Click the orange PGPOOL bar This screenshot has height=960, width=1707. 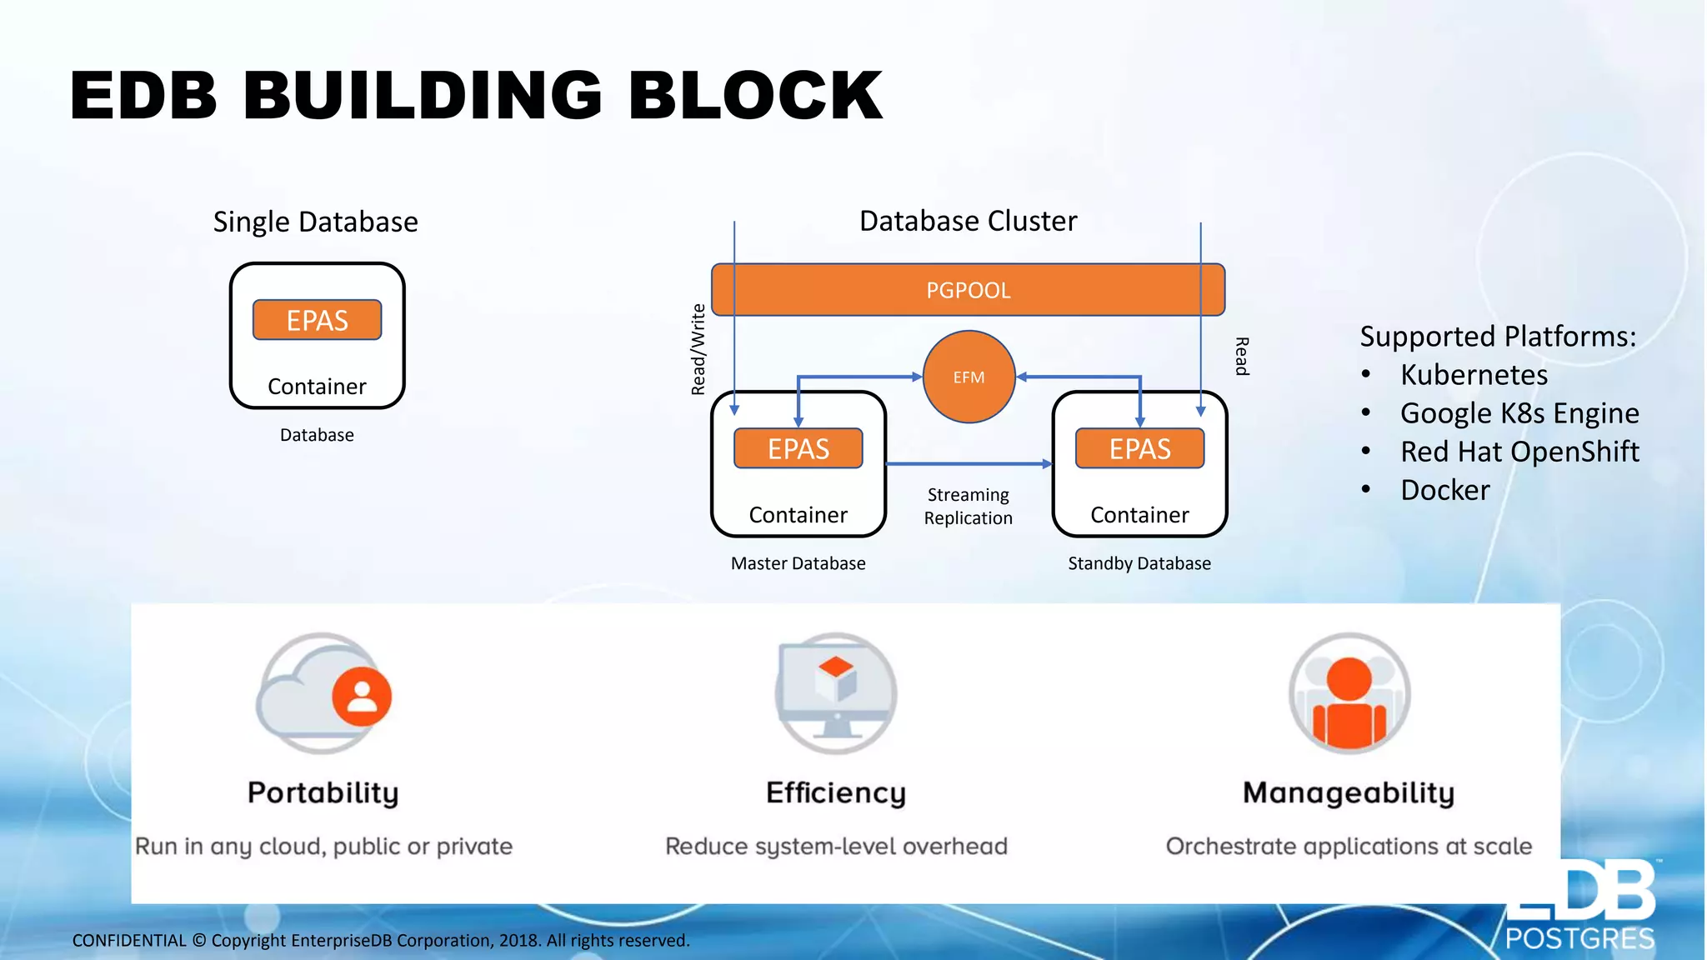(x=967, y=290)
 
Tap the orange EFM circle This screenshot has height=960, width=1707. (x=969, y=377)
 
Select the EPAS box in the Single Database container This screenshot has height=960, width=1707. (x=317, y=320)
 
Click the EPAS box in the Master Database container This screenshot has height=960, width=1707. (x=798, y=448)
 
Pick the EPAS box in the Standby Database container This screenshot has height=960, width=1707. (x=1139, y=448)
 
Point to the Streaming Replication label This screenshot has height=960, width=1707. (x=968, y=506)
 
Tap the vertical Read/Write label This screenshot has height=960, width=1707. (x=698, y=349)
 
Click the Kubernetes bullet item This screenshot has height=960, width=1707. (x=1474, y=375)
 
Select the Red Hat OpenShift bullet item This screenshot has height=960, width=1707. (x=1519, y=452)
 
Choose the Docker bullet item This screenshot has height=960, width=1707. (x=1444, y=490)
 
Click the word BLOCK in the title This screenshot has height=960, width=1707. (x=754, y=95)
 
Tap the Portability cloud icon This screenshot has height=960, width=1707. (x=323, y=693)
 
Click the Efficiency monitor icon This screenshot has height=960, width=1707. (x=835, y=693)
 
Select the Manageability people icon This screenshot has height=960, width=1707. (x=1349, y=693)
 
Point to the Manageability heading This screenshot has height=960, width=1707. (x=1348, y=792)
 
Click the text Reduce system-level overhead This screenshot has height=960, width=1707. (x=836, y=847)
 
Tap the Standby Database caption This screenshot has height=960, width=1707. (x=1139, y=563)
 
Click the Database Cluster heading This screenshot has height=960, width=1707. (x=968, y=221)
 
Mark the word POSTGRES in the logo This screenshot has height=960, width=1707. (x=1579, y=939)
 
